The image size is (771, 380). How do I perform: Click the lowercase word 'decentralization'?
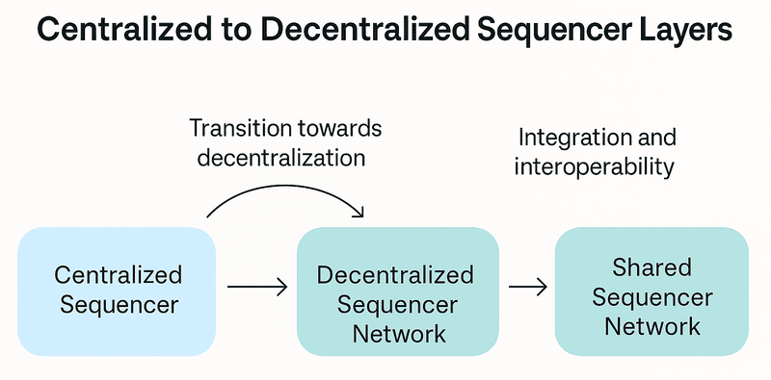pyautogui.click(x=280, y=158)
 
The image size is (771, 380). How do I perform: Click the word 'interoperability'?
pyautogui.click(x=593, y=166)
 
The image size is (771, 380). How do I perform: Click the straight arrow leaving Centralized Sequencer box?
pyautogui.click(x=257, y=286)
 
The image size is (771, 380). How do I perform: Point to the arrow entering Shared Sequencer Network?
pyautogui.click(x=527, y=286)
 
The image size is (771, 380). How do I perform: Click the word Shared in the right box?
pyautogui.click(x=651, y=267)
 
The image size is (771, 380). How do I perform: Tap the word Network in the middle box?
pyautogui.click(x=397, y=334)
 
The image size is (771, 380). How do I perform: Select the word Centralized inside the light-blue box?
pyautogui.click(x=118, y=275)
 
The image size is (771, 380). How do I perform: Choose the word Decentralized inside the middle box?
pyautogui.click(x=397, y=275)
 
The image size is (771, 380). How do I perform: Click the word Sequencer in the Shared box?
pyautogui.click(x=651, y=296)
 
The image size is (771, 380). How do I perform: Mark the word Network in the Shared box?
pyautogui.click(x=651, y=326)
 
